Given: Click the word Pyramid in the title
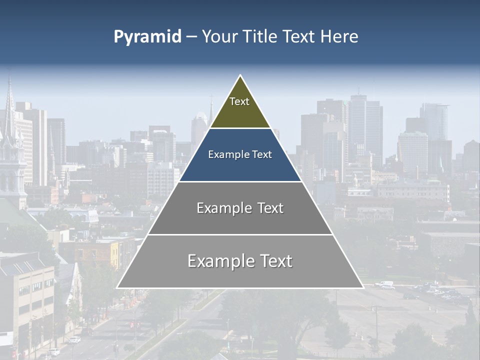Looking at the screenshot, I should point(147,37).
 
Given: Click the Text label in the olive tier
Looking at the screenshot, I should point(239,101).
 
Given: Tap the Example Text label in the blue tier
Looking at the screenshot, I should point(240,154).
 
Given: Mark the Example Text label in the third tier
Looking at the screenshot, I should point(240,208).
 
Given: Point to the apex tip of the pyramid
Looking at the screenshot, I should point(240,76).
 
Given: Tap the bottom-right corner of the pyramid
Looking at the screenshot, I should point(362,287).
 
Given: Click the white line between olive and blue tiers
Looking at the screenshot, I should point(240,128).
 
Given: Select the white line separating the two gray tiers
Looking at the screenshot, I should point(240,234).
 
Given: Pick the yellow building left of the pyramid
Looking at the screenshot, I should point(115,252).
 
